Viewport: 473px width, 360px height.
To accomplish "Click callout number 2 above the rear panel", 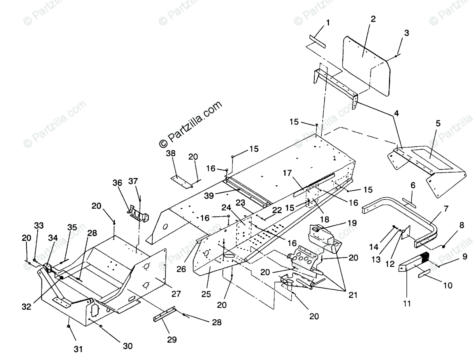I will (373, 19).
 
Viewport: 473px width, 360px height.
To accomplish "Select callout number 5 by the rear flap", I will (438, 123).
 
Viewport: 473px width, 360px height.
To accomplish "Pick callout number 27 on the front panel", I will (176, 294).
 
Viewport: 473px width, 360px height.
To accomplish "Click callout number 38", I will (171, 153).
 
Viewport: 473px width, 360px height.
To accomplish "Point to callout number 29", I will (172, 339).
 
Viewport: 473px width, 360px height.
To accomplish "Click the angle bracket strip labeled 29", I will (165, 314).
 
